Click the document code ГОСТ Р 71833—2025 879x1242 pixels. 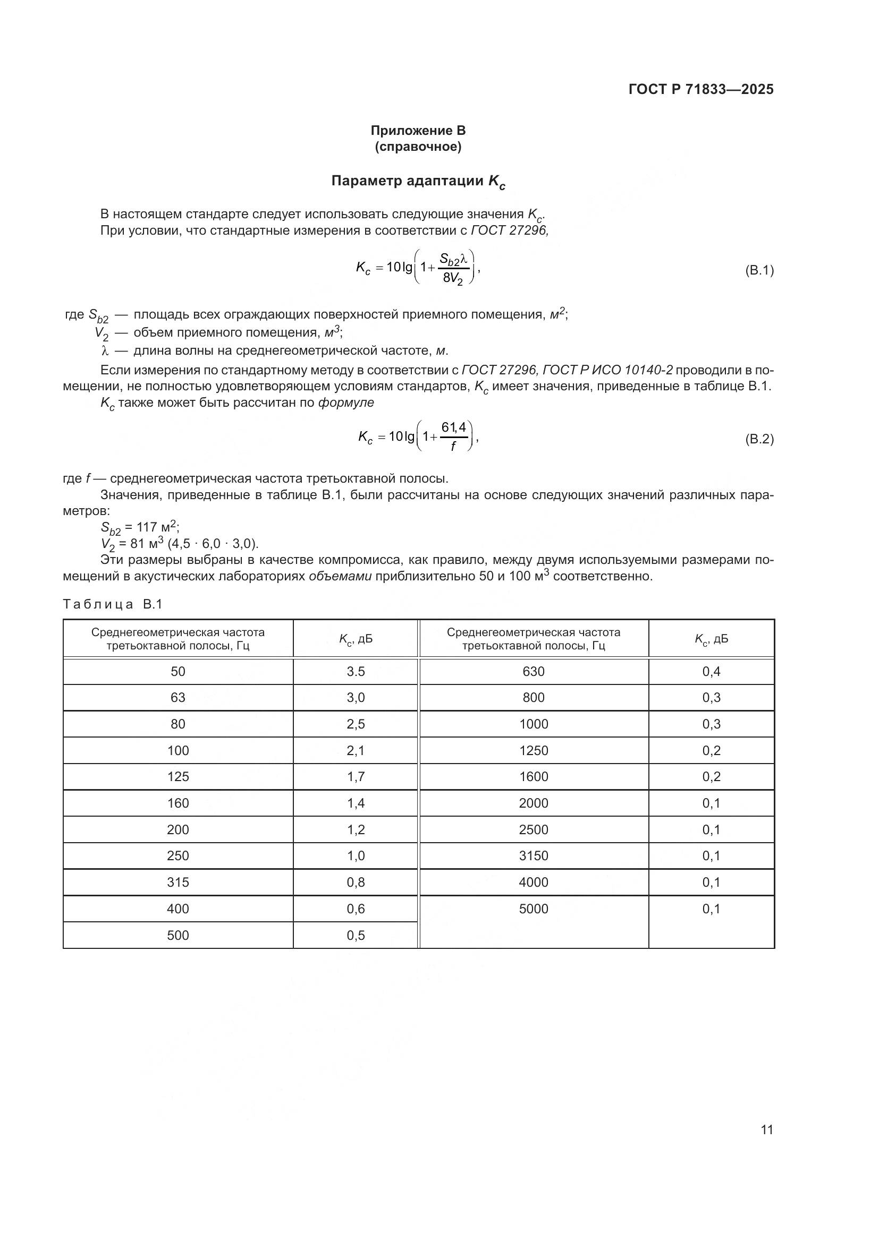tap(701, 89)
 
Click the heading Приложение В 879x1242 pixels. tap(418, 131)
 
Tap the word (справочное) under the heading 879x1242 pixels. tap(418, 147)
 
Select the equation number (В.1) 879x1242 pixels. tap(759, 270)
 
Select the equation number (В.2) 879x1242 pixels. tap(759, 439)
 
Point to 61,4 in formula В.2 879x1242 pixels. tap(453, 427)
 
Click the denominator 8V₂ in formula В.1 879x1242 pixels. tap(453, 279)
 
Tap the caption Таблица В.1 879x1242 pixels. tap(113, 604)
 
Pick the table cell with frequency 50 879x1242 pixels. tap(178, 671)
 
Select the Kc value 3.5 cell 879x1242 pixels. tap(356, 671)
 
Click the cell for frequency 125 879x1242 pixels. tap(178, 777)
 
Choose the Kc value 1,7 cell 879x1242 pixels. tap(356, 777)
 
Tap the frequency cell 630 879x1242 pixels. tap(533, 671)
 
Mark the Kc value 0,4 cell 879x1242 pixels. tap(711, 671)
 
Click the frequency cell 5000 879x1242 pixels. tap(533, 909)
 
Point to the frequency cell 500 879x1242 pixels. tap(178, 935)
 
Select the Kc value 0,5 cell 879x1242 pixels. tap(356, 935)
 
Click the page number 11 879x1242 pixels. tap(766, 1129)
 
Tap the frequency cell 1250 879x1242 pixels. tap(533, 750)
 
